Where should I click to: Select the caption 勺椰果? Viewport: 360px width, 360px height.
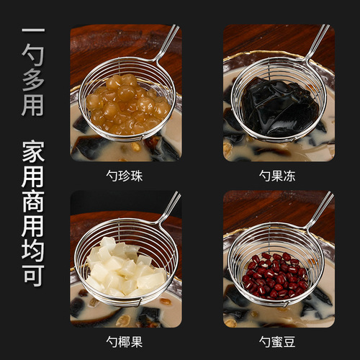click(126, 341)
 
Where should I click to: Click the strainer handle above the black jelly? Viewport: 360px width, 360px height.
click(317, 42)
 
